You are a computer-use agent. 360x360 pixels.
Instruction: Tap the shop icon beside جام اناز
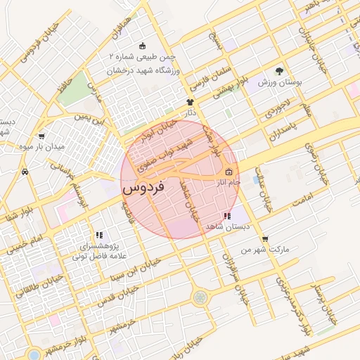[229, 172]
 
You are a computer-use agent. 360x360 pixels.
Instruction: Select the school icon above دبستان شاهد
[226, 216]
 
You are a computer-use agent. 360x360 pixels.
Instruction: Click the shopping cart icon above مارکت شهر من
[264, 239]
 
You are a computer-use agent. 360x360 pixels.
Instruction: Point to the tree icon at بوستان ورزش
[279, 71]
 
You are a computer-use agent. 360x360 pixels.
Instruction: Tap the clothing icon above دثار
[189, 103]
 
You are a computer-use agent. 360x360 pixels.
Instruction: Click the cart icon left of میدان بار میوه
[41, 136]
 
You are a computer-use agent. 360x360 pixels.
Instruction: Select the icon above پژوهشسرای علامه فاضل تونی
[99, 235]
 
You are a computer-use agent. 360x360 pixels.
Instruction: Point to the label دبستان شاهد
[224, 226]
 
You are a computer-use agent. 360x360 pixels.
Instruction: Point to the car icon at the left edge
[25, 171]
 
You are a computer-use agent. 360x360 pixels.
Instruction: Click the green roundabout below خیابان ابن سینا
[202, 297]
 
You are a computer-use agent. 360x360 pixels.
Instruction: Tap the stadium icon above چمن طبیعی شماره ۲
[143, 44]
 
